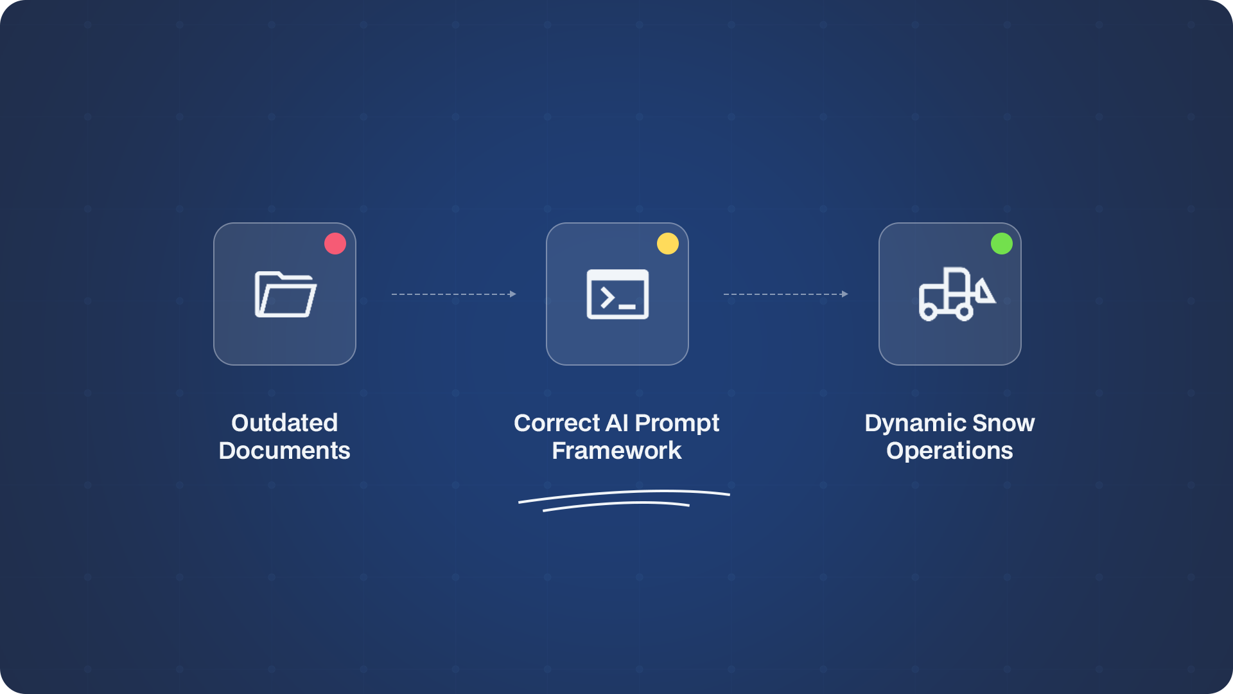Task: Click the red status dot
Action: (335, 244)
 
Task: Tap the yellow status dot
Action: (668, 244)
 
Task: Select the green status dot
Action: (1002, 244)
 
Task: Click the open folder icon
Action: (286, 294)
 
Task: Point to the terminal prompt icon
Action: (618, 294)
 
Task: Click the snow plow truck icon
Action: (958, 294)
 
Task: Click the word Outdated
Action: (284, 423)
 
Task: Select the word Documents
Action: (284, 450)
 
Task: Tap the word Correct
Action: (557, 423)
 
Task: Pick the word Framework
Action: (616, 450)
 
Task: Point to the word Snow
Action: (1004, 423)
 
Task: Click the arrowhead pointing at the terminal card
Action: (512, 294)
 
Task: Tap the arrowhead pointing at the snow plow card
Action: (844, 294)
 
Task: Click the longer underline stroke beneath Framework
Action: (624, 492)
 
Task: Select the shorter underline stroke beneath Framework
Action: (616, 504)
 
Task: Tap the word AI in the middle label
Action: (617, 423)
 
